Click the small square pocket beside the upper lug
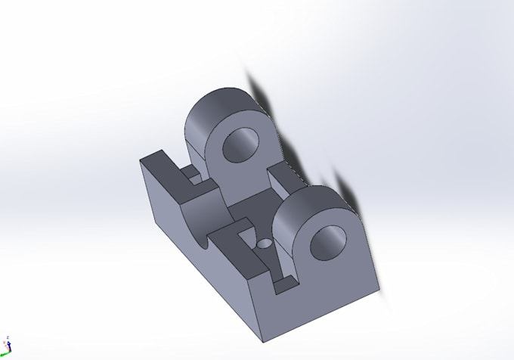194,176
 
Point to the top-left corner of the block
141,160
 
